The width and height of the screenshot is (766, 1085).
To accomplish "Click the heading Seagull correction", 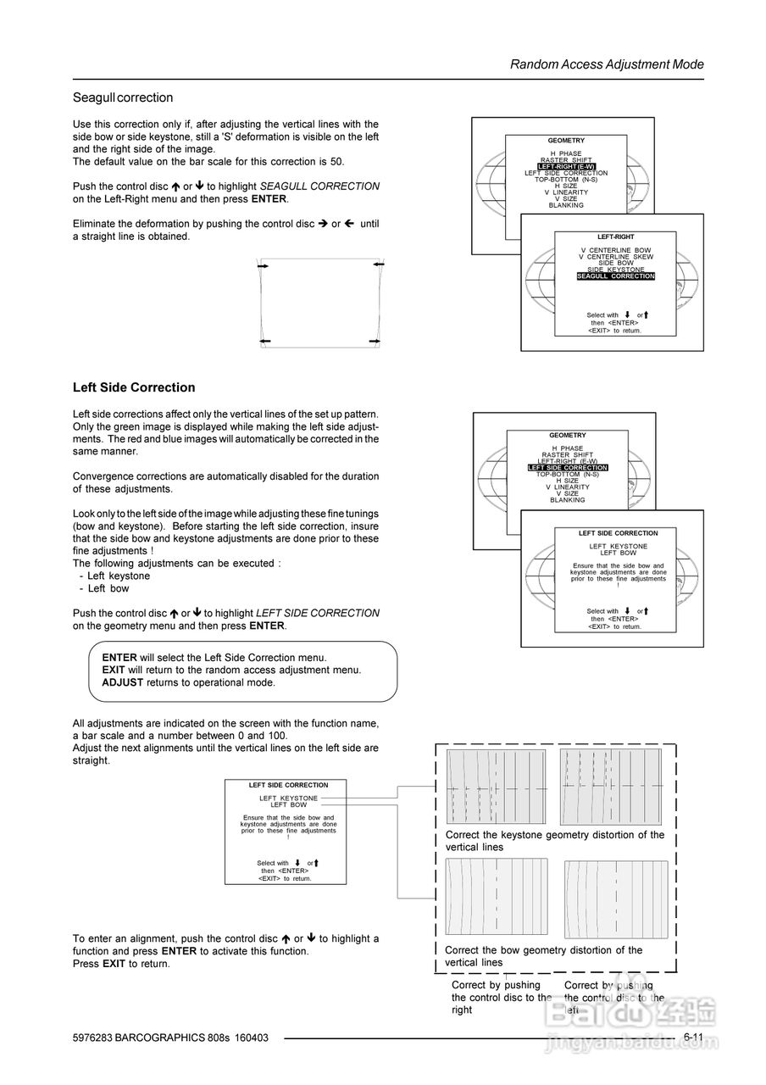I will tap(123, 97).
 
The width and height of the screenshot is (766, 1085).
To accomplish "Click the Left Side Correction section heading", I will tap(134, 387).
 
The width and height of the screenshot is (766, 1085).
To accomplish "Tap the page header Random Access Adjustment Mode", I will tap(607, 64).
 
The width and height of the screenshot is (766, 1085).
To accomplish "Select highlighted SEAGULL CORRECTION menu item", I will tap(616, 276).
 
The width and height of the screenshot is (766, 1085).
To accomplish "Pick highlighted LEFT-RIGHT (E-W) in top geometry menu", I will tap(566, 167).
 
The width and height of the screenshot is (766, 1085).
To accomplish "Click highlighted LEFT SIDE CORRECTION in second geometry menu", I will tap(568, 468).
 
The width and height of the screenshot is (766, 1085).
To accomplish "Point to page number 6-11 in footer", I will tap(693, 1037).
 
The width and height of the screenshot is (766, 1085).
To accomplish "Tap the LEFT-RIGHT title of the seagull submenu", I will tap(616, 236).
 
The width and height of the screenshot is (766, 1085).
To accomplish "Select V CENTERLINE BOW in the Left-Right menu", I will tap(616, 250).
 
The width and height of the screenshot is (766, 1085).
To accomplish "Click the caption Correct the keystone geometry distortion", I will tap(555, 841).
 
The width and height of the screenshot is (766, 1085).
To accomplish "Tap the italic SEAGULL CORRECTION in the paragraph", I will tap(319, 186).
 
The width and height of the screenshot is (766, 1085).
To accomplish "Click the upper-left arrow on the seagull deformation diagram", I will tap(263, 266).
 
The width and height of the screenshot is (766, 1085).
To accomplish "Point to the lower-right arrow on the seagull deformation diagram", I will tap(375, 340).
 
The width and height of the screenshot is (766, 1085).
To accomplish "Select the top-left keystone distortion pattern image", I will tap(497, 787).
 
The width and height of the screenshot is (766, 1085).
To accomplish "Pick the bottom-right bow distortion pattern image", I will tap(616, 899).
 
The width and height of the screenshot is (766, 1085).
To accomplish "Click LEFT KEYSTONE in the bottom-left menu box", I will tap(288, 798).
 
